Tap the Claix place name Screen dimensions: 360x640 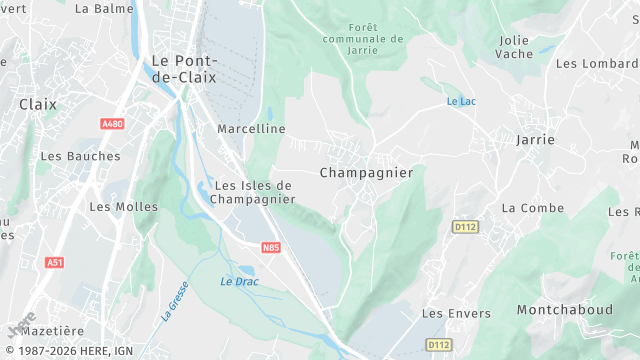point(38,104)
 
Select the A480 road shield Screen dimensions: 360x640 point(112,124)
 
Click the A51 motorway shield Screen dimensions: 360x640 point(54,262)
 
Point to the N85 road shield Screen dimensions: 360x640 point(270,246)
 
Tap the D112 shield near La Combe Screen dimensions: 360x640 point(466,226)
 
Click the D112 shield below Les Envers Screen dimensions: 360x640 point(438,345)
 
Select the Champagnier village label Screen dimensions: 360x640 point(366,173)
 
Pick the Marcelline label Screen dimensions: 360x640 point(251,129)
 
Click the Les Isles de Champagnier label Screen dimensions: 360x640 point(254,192)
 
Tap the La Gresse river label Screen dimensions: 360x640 point(171,301)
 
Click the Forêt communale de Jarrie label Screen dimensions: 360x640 point(363,39)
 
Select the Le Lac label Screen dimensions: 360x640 point(461,102)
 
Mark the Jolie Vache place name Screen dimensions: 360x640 point(515,46)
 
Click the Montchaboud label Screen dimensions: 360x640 point(564,310)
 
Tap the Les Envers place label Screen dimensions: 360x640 point(456,314)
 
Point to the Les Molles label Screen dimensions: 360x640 point(124,207)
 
